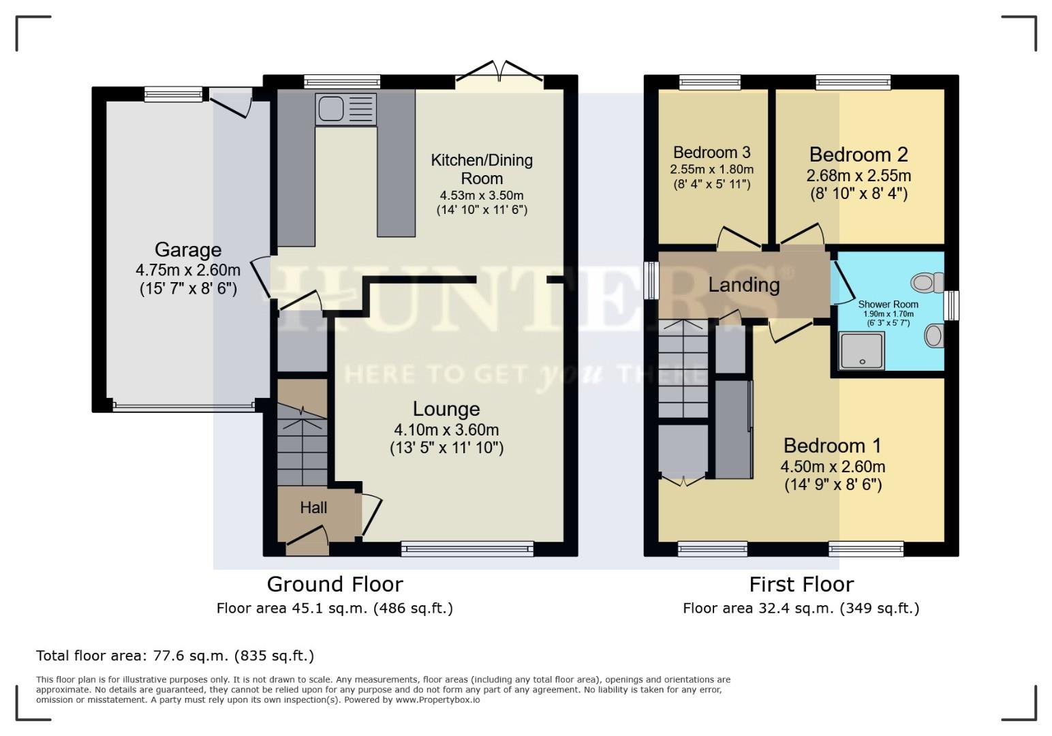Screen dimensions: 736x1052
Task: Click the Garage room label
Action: (187, 249)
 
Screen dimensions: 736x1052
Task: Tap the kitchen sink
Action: (345, 109)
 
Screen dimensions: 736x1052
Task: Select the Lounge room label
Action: (446, 409)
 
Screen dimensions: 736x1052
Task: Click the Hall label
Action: (313, 508)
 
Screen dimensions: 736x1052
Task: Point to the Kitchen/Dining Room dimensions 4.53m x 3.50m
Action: (482, 196)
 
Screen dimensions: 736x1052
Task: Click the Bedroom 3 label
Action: (713, 153)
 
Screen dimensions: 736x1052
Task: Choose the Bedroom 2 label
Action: (858, 155)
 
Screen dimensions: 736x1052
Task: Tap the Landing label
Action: (743, 285)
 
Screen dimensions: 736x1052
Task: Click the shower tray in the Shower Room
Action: (862, 350)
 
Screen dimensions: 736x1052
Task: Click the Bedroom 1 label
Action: (832, 446)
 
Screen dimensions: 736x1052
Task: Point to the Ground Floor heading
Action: (335, 585)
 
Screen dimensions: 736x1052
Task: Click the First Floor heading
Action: (801, 585)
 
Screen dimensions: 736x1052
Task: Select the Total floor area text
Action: (175, 656)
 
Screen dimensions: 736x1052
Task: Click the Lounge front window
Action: (467, 548)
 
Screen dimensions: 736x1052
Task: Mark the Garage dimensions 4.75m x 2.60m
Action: (187, 270)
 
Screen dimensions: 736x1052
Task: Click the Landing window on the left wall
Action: (652, 280)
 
